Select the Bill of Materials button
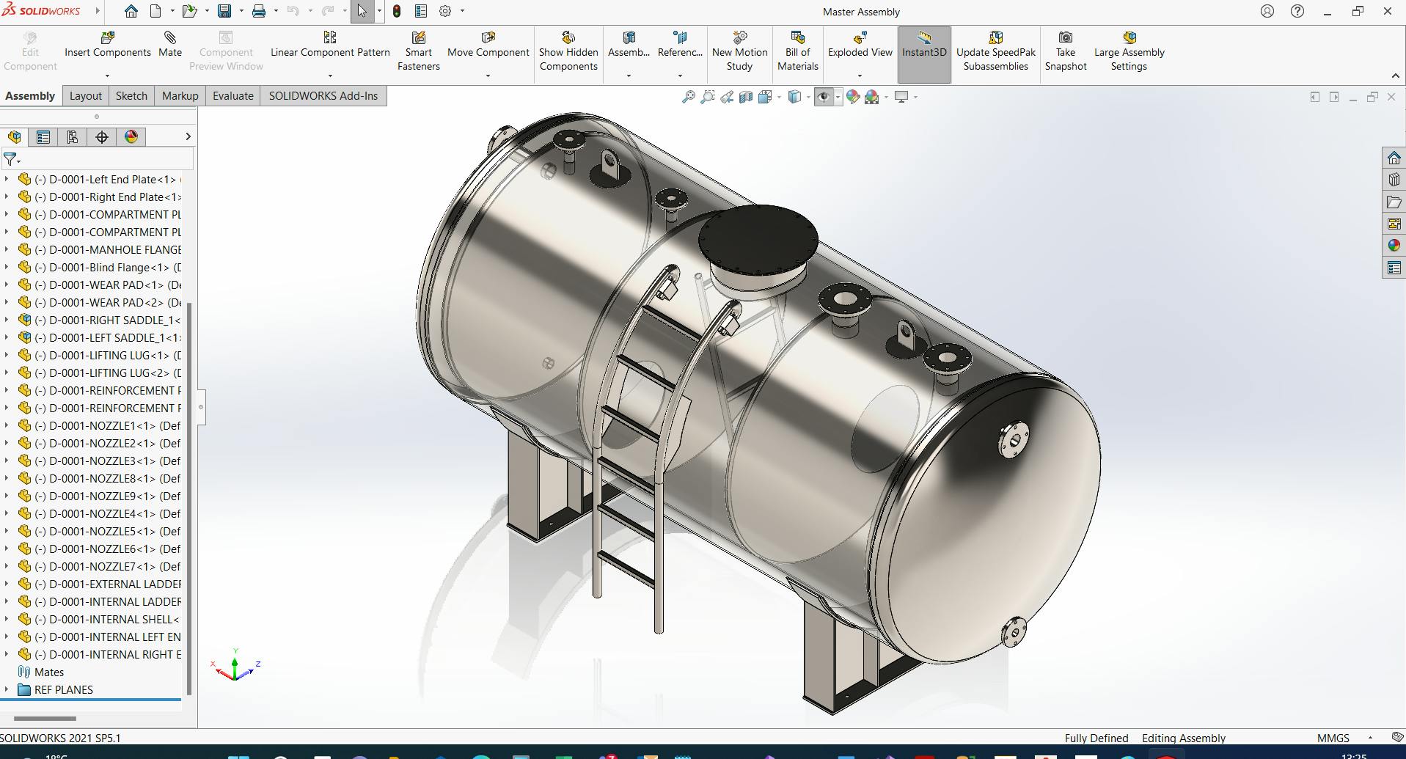pyautogui.click(x=797, y=51)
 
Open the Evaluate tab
pyautogui.click(x=232, y=95)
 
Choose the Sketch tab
pyautogui.click(x=131, y=95)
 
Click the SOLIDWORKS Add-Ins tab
pyautogui.click(x=323, y=95)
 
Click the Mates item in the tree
pyautogui.click(x=48, y=672)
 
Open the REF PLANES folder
pyautogui.click(x=63, y=689)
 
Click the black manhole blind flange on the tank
pyautogui.click(x=758, y=238)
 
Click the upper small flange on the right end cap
pyautogui.click(x=1013, y=440)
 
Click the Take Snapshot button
pyautogui.click(x=1065, y=51)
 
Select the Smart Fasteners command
pyautogui.click(x=418, y=51)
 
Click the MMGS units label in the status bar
pyautogui.click(x=1333, y=738)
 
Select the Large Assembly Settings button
pyautogui.click(x=1129, y=51)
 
